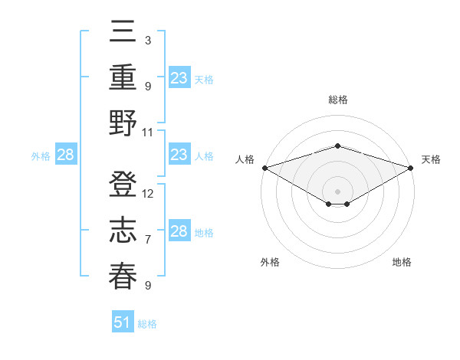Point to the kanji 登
tap(123, 185)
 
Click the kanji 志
tap(123, 231)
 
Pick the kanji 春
tap(123, 277)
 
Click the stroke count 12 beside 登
tap(148, 193)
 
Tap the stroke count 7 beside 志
tap(148, 240)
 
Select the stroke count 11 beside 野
tap(148, 132)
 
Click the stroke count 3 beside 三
tap(148, 40)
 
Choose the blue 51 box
tap(123, 322)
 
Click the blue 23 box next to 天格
tap(179, 78)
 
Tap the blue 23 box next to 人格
tap(179, 155)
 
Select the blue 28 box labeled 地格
tap(179, 231)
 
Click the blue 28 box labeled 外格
tap(65, 155)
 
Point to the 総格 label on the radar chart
tap(337, 100)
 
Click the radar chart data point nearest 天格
tap(411, 168)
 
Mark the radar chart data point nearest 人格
tap(264, 168)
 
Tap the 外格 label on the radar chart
tap(270, 262)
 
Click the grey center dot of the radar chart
tap(337, 190)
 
